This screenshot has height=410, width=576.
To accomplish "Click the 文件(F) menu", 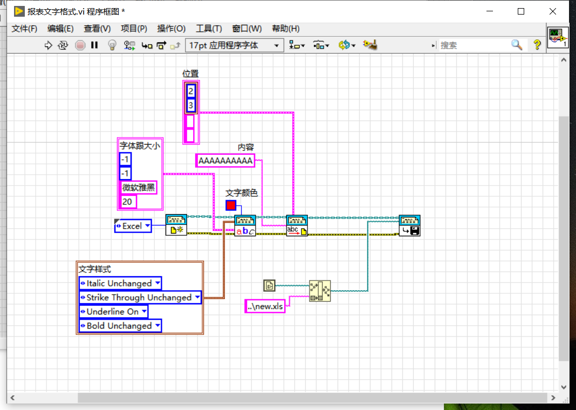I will click(24, 29).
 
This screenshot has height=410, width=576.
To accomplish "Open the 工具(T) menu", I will click(209, 29).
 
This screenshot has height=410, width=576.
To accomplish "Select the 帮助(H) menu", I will click(285, 29).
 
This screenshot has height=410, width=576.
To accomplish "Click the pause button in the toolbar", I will click(94, 45).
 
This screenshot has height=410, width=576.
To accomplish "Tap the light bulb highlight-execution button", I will click(112, 45).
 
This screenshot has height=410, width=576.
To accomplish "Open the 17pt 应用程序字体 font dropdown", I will click(234, 45).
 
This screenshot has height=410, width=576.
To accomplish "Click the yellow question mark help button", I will click(537, 45).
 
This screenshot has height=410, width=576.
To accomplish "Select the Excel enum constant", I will click(133, 226).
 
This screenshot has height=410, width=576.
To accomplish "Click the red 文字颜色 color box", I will click(231, 205).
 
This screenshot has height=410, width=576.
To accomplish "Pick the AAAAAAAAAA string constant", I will click(225, 160).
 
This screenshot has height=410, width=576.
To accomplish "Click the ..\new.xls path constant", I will click(265, 306).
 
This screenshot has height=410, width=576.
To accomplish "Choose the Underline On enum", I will click(113, 312).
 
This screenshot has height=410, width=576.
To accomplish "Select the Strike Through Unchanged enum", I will click(140, 297).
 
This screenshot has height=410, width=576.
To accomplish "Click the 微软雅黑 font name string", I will click(138, 188).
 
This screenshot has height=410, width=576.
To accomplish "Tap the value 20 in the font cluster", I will click(127, 202).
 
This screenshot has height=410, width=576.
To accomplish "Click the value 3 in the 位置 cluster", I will click(190, 105).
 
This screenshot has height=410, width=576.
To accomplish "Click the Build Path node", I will click(319, 291).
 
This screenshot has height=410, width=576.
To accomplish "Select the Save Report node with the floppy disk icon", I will click(409, 226).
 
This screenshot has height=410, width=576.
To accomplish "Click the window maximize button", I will click(521, 11).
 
